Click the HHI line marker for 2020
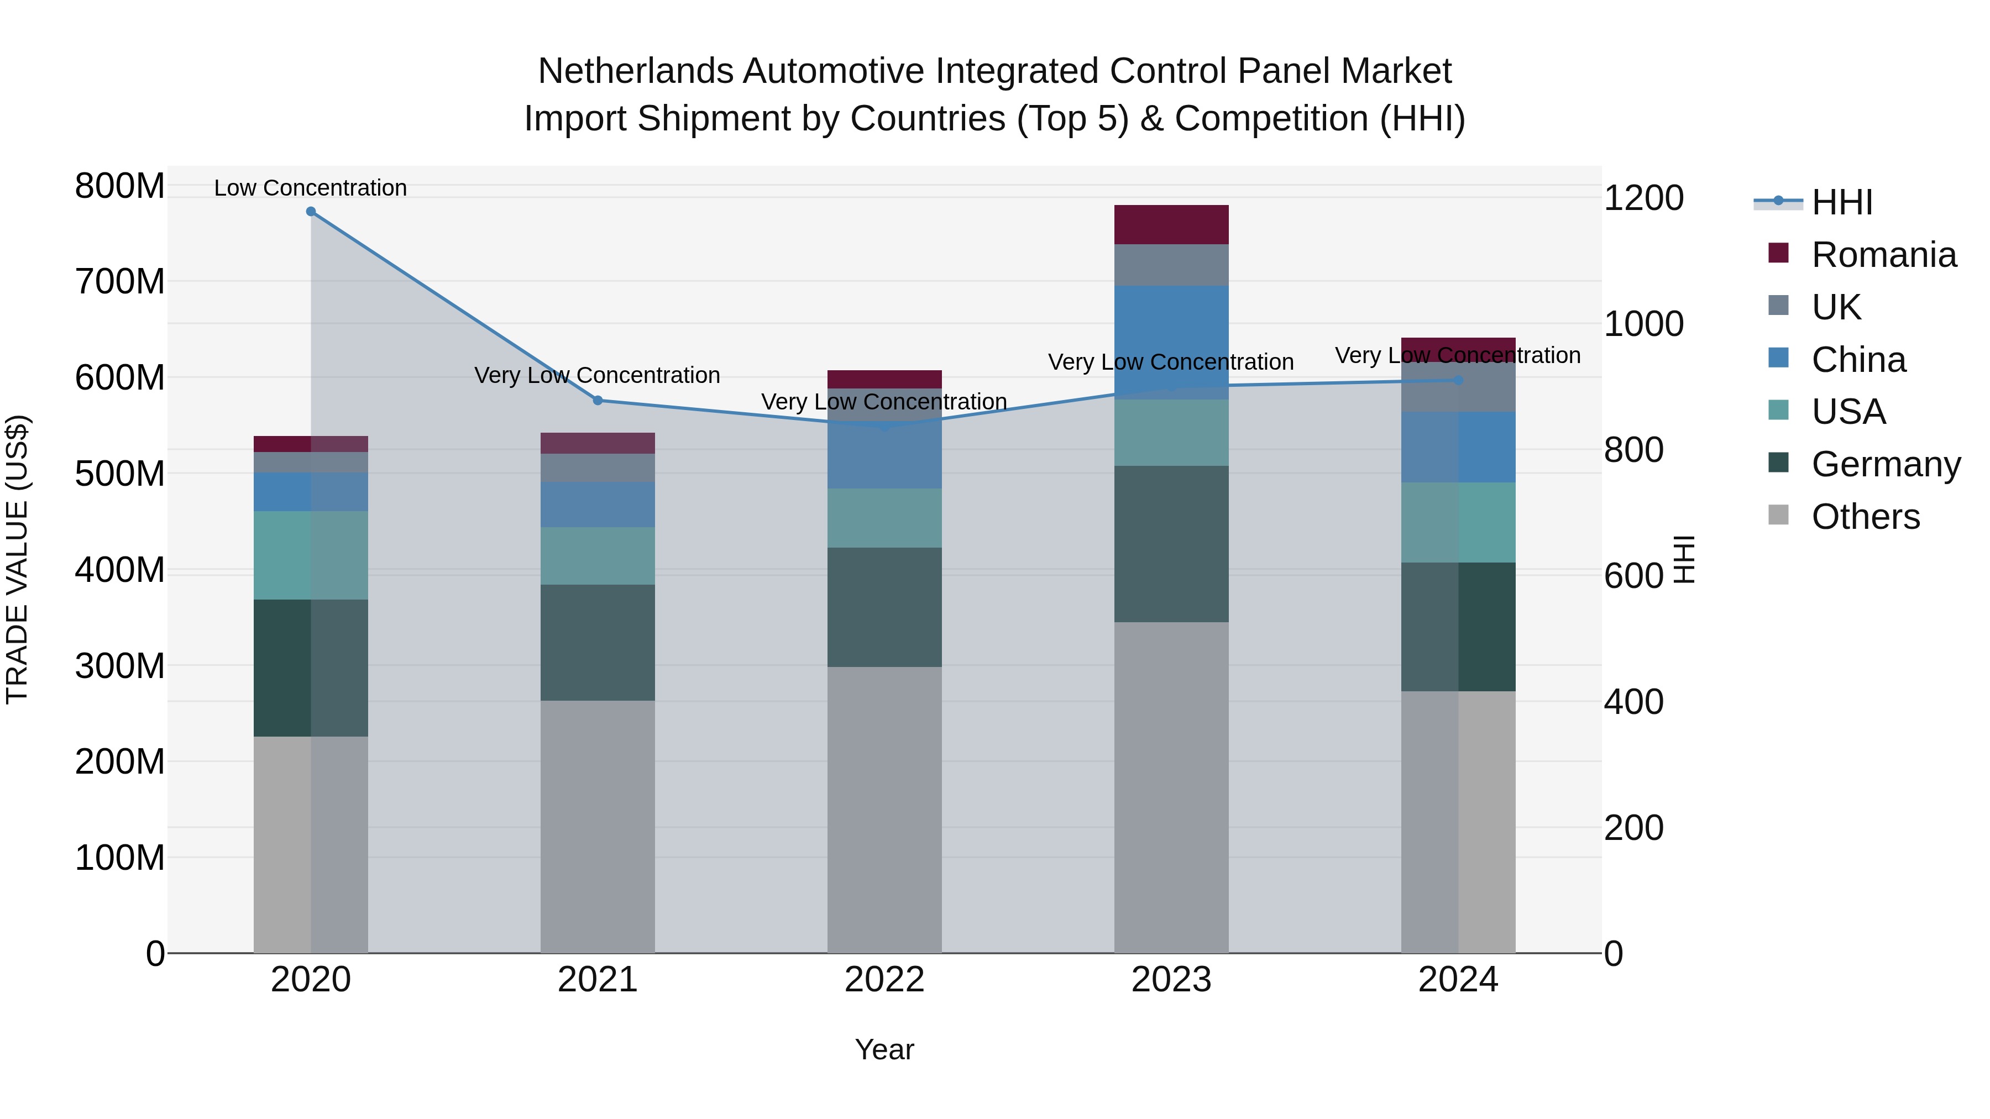(x=311, y=211)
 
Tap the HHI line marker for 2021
(x=597, y=400)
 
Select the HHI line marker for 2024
(x=1458, y=380)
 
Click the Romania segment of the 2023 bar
(x=1171, y=225)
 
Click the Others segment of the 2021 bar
(x=597, y=826)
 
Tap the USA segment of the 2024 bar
(x=1458, y=522)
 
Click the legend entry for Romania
(x=1883, y=255)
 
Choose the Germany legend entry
(x=1886, y=464)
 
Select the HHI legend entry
(x=1842, y=202)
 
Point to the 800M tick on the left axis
(x=120, y=186)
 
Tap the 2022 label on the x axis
(x=884, y=980)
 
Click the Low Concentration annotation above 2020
(x=311, y=188)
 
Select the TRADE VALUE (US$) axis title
(x=17, y=559)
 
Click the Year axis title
(x=884, y=1049)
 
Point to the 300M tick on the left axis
(x=120, y=666)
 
